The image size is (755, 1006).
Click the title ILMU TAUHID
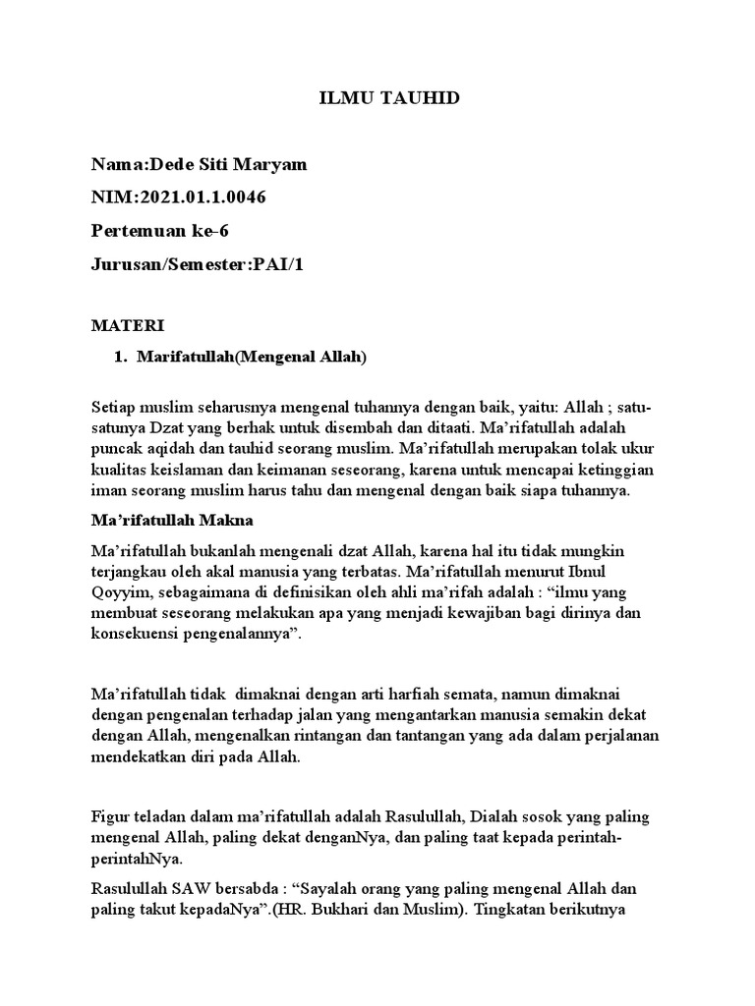pyautogui.click(x=377, y=99)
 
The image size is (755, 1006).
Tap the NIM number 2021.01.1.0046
pyautogui.click(x=203, y=196)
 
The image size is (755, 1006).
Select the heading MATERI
pyautogui.click(x=127, y=324)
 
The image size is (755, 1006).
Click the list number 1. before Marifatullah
pyautogui.click(x=123, y=357)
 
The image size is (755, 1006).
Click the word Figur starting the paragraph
pyautogui.click(x=111, y=817)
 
